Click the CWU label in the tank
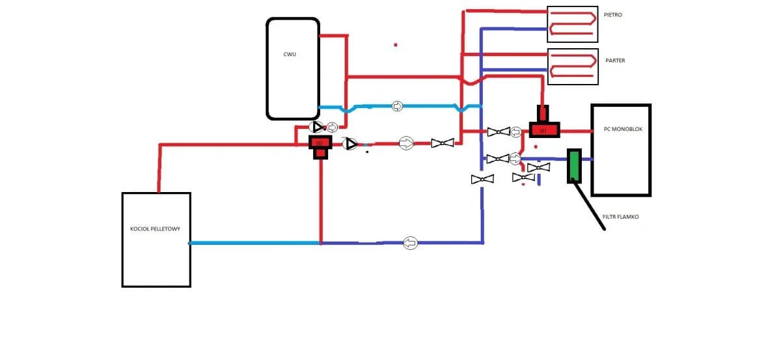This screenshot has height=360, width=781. (x=290, y=54)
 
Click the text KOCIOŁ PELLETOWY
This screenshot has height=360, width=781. (x=151, y=229)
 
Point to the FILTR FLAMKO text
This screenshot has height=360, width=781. (x=620, y=217)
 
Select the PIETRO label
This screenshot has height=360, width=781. (x=614, y=14)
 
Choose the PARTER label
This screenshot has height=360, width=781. (x=615, y=61)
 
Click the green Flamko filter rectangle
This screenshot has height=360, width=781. (x=573, y=165)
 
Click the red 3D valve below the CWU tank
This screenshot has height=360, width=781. (x=320, y=145)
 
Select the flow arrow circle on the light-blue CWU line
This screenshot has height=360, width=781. (x=397, y=106)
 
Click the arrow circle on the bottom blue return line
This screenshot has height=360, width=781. (x=410, y=243)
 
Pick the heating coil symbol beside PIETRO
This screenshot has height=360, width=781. (x=572, y=25)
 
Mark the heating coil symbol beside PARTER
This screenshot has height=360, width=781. (x=572, y=66)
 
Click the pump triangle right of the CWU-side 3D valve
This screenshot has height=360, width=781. (x=351, y=144)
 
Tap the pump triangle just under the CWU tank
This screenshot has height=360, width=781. (x=318, y=128)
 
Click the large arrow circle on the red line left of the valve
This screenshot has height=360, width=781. (x=406, y=143)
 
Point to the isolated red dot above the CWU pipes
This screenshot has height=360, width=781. (x=395, y=45)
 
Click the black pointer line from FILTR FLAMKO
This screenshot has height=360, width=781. (x=589, y=205)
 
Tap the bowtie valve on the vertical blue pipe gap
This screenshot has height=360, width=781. (x=482, y=178)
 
